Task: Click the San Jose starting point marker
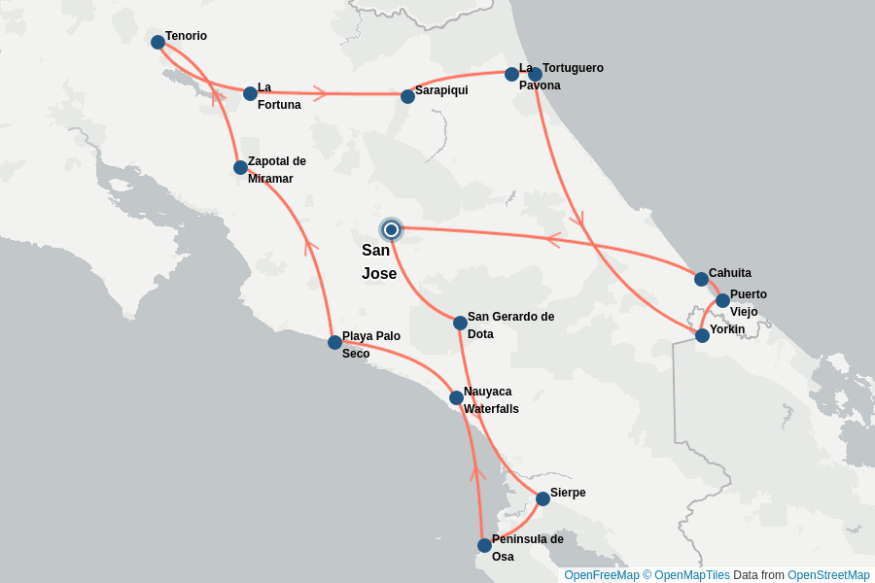click(x=391, y=229)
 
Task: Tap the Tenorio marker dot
click(x=157, y=42)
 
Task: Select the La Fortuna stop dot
click(x=250, y=93)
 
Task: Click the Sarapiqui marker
click(x=407, y=96)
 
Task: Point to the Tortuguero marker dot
click(x=535, y=74)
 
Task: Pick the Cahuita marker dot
click(x=701, y=279)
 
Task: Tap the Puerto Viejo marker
click(x=722, y=300)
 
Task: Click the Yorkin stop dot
click(x=702, y=335)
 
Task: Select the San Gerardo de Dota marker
click(x=460, y=323)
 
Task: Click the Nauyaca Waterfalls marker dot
click(x=456, y=397)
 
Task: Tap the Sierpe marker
click(x=542, y=498)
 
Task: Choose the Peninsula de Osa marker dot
click(x=484, y=545)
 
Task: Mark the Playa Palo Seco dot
click(x=334, y=342)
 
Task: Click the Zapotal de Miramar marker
click(x=240, y=167)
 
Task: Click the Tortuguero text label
click(x=573, y=68)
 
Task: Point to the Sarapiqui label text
click(x=441, y=90)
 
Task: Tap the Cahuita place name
click(x=729, y=273)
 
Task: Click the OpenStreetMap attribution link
click(x=828, y=575)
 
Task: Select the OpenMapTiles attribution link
click(x=691, y=575)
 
